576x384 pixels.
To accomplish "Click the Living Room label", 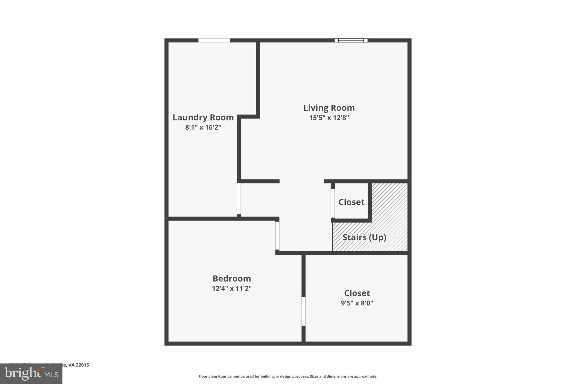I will (x=329, y=108).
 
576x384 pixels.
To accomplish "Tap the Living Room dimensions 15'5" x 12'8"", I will (x=329, y=118).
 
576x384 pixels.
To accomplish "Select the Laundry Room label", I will (x=203, y=117).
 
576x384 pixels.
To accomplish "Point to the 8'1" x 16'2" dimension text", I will (x=203, y=127).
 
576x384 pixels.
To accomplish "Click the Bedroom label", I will (x=231, y=279).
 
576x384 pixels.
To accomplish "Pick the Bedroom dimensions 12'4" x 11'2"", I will (x=231, y=289).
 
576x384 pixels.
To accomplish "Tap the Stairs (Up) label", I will (x=364, y=237).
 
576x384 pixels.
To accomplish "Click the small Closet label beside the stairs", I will (x=351, y=202).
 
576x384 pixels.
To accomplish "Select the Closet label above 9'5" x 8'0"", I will (x=357, y=293).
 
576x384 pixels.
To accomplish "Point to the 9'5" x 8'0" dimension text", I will (x=357, y=303).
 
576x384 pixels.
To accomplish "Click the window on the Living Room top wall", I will (x=351, y=41).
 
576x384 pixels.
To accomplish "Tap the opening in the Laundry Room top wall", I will (x=214, y=41).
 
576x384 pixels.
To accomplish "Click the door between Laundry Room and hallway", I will (x=239, y=199).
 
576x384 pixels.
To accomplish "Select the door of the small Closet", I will (x=333, y=203).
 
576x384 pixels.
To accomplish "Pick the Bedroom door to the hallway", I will (x=277, y=236).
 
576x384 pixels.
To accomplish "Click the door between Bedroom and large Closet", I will (x=303, y=311).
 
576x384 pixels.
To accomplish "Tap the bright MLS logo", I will (x=31, y=374).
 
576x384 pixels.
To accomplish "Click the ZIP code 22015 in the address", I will (x=82, y=365).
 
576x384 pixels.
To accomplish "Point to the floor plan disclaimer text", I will (x=288, y=376).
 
